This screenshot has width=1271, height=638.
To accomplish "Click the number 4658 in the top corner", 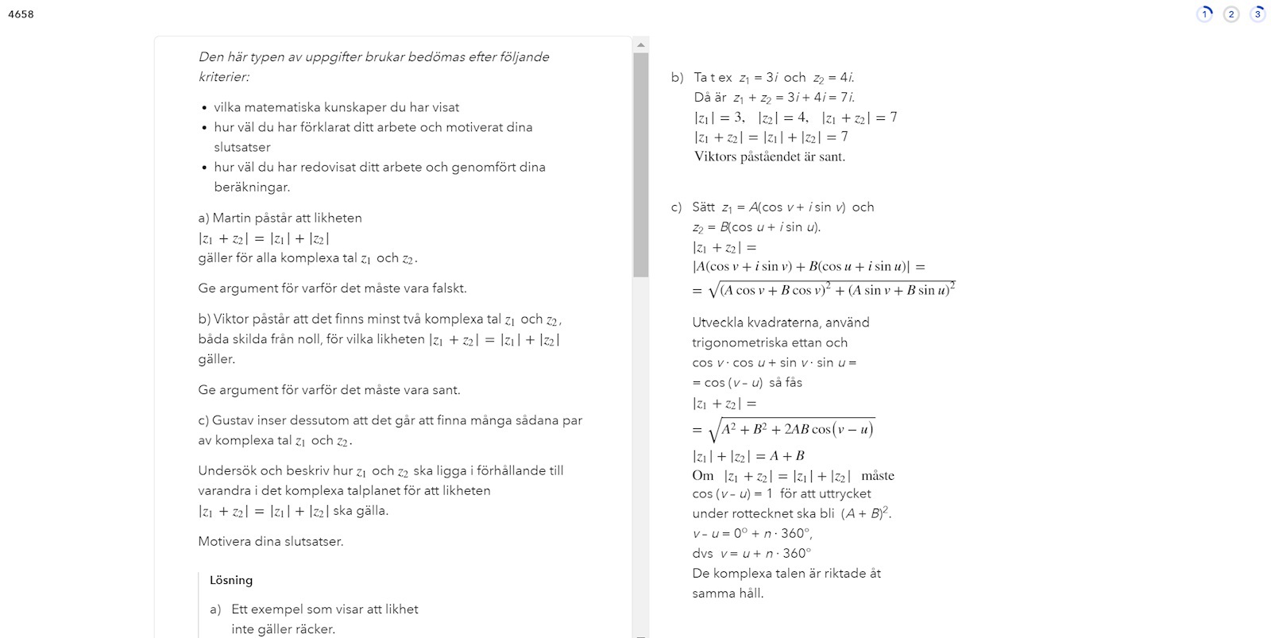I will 21,14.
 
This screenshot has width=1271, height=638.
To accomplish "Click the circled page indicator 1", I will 1204,14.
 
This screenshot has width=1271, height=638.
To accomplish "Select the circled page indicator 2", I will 1230,14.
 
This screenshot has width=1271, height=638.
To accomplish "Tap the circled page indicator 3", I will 1257,14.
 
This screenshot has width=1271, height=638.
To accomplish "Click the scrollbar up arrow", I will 641,44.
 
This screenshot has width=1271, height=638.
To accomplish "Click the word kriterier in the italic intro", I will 222,77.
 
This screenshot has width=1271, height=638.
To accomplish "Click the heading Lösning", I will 231,580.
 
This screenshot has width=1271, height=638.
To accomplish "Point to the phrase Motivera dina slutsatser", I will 270,542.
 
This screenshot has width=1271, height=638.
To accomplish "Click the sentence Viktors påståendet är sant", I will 769,157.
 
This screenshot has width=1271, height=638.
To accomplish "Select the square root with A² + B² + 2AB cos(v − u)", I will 791,430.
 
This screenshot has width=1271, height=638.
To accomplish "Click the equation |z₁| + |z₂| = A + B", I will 748,456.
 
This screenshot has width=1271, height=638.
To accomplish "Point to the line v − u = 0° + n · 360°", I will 751,533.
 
